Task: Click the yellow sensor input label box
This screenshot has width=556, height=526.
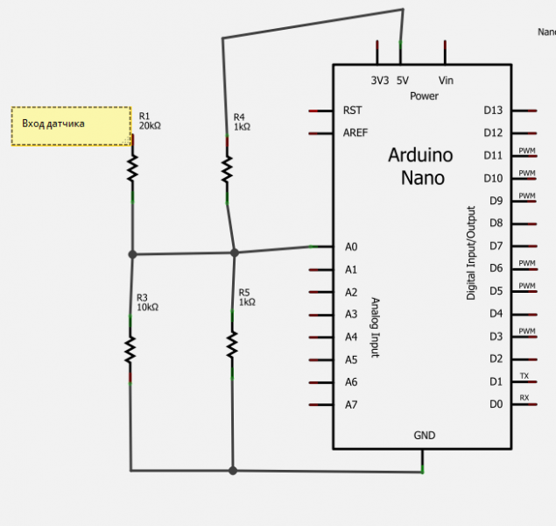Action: pyautogui.click(x=71, y=125)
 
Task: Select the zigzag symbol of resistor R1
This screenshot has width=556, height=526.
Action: pyautogui.click(x=133, y=168)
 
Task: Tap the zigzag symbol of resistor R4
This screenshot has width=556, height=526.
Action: pyautogui.click(x=227, y=167)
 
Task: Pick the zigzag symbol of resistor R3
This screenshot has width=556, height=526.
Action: pyautogui.click(x=130, y=350)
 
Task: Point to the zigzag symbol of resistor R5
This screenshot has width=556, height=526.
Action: pyautogui.click(x=233, y=345)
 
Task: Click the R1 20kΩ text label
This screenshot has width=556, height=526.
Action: pyautogui.click(x=150, y=121)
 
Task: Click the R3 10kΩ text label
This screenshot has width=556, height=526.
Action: pyautogui.click(x=147, y=302)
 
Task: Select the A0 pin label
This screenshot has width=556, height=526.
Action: pyautogui.click(x=351, y=247)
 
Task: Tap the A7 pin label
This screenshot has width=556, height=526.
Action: pyautogui.click(x=351, y=404)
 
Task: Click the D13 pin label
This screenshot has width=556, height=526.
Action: pyautogui.click(x=493, y=110)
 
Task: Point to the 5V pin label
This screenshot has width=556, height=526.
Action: pyautogui.click(x=402, y=80)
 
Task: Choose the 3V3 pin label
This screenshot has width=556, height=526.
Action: pyautogui.click(x=379, y=80)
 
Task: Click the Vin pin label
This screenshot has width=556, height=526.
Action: pyautogui.click(x=446, y=80)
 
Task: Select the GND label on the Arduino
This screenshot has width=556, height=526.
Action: pyautogui.click(x=424, y=435)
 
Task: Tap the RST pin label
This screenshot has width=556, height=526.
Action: pyautogui.click(x=353, y=110)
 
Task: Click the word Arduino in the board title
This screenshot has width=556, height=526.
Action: pyautogui.click(x=420, y=156)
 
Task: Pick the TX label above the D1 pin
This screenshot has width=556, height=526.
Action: pyautogui.click(x=524, y=376)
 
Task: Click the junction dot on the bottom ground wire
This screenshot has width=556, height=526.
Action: pyautogui.click(x=233, y=471)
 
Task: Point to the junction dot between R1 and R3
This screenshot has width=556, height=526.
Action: pyautogui.click(x=133, y=254)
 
